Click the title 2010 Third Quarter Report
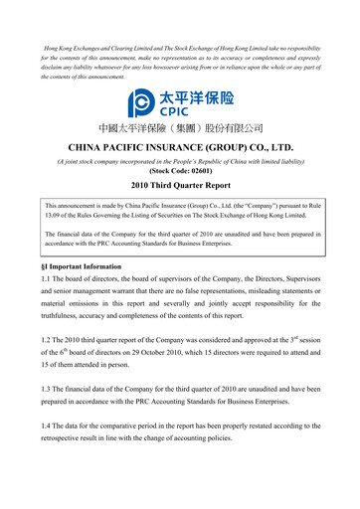click(180, 186)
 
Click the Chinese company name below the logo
click(180, 130)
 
